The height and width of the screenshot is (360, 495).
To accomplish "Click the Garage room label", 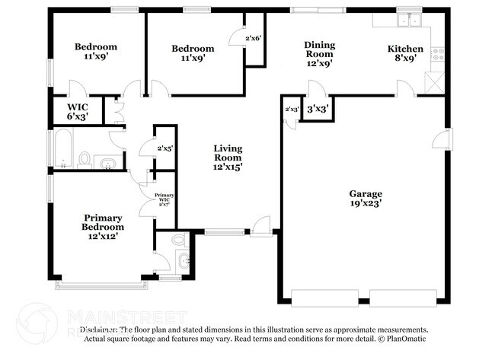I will pos(366,193).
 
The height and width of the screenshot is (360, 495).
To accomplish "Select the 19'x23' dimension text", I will pos(366,204).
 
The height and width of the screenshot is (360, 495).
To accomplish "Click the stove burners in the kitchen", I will pos(438,54).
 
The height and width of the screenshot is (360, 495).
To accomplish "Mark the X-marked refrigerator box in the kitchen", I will pos(436,82).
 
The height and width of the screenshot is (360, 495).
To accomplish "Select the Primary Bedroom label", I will pos(103,221).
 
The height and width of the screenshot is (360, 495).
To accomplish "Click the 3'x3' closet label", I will pos(316,109).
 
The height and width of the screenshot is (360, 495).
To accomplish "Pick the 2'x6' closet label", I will pos(254,37).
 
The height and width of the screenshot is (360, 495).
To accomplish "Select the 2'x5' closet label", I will pos(164,149).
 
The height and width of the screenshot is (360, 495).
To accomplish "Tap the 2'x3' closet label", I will pos(291,110).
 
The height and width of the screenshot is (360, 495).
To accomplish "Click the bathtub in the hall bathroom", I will pos(63,148).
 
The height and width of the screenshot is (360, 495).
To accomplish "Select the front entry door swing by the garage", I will pos(261,225).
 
